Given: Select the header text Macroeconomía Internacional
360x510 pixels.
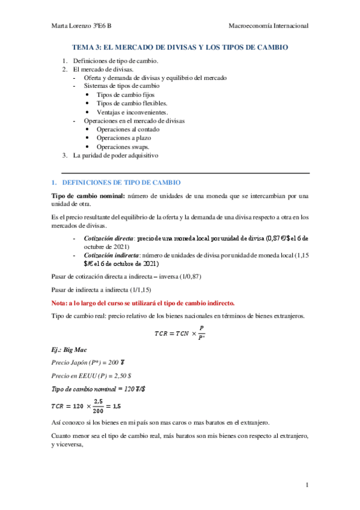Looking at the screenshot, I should click(x=269, y=26).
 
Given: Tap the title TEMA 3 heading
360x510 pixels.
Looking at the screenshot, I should click(x=180, y=47).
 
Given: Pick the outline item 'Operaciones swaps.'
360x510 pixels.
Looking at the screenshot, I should click(x=123, y=147).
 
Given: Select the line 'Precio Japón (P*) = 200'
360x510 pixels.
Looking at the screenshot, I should click(x=87, y=362).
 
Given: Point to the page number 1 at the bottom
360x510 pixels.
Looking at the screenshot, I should click(x=307, y=485).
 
